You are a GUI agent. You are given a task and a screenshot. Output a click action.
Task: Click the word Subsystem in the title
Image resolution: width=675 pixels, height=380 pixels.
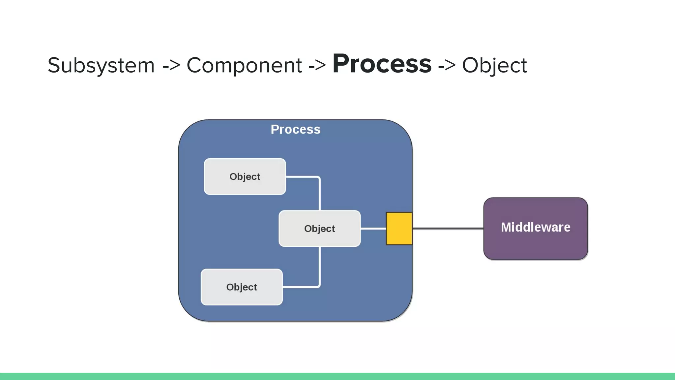[101, 65]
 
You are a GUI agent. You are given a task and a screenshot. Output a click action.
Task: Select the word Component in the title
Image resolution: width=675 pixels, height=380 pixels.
[244, 65]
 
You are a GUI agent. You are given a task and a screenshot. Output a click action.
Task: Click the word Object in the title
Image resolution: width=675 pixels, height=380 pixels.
[494, 65]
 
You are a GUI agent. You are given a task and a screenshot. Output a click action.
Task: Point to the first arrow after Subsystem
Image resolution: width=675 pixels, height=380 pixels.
[171, 65]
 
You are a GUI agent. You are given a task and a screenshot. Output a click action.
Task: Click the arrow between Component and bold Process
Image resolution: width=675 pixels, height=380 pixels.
[317, 65]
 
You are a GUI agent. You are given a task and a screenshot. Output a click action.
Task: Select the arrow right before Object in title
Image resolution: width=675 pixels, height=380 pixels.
[447, 65]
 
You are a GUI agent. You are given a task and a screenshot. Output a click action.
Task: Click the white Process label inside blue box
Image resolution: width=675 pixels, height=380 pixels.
[295, 129]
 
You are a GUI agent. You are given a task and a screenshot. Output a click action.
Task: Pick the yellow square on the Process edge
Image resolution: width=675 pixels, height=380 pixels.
[399, 228]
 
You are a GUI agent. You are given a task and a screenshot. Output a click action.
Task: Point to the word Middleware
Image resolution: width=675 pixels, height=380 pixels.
[535, 227]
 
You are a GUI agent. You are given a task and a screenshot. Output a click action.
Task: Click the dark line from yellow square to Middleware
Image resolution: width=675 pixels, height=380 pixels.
[448, 228]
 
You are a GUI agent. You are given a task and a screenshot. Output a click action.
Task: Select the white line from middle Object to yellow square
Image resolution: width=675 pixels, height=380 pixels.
[373, 228]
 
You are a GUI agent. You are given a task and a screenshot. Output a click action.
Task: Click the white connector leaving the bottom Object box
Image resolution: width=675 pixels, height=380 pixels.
[301, 287]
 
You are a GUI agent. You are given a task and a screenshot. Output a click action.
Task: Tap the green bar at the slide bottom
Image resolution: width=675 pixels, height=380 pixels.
[337, 376]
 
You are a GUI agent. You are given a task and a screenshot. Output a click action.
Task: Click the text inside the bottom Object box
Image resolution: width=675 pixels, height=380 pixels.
[242, 287]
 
